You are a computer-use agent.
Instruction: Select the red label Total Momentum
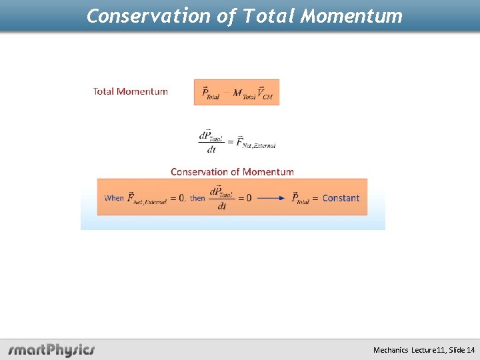click(x=131, y=91)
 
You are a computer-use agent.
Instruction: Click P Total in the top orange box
click(x=210, y=93)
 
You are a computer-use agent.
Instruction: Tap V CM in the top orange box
click(x=265, y=93)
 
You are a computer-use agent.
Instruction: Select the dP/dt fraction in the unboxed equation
click(x=211, y=141)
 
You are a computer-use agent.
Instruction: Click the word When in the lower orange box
click(x=115, y=198)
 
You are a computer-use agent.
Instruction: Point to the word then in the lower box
click(x=197, y=198)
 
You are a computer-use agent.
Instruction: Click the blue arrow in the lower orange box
click(x=271, y=198)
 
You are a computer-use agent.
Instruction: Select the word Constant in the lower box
click(x=341, y=198)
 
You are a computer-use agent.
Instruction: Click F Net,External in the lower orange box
click(x=147, y=198)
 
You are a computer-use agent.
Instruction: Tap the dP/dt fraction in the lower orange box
click(x=222, y=198)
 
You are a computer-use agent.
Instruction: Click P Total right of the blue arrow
click(x=301, y=198)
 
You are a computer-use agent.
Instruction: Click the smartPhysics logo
click(x=51, y=349)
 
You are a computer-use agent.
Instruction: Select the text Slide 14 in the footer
click(x=462, y=350)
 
